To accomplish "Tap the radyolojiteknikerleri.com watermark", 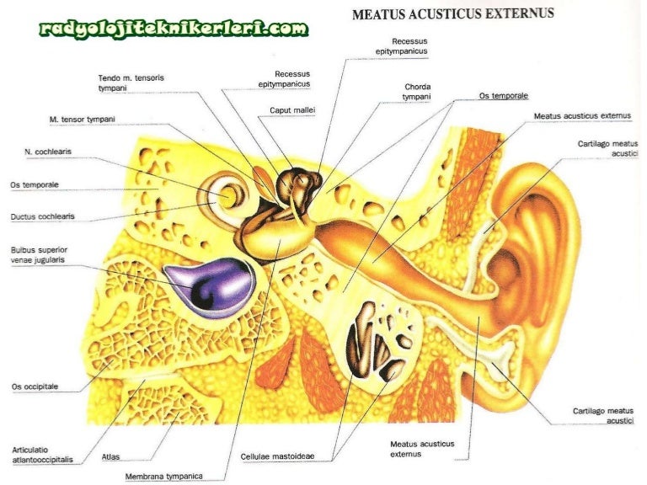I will [x=173, y=30].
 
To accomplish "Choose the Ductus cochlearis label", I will [x=42, y=216].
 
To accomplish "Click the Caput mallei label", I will [x=291, y=110].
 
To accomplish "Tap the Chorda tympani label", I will [x=417, y=91].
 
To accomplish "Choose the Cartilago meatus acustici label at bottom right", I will [x=604, y=415].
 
